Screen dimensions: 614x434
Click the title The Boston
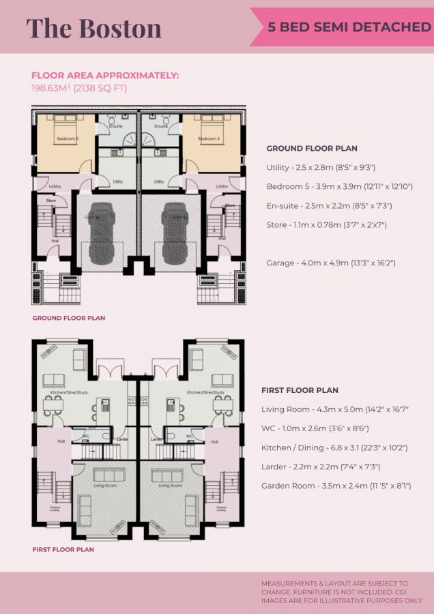point(94,28)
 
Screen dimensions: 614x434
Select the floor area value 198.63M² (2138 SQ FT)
point(79,88)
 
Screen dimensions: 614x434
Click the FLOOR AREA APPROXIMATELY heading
point(105,76)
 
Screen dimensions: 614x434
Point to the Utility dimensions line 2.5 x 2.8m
point(321,167)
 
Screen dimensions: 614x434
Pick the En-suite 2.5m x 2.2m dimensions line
point(329,205)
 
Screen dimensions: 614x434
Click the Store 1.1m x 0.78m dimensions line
point(323,224)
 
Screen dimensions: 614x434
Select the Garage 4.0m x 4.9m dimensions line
point(331,263)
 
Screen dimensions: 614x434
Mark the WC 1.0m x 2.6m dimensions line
point(316,428)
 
